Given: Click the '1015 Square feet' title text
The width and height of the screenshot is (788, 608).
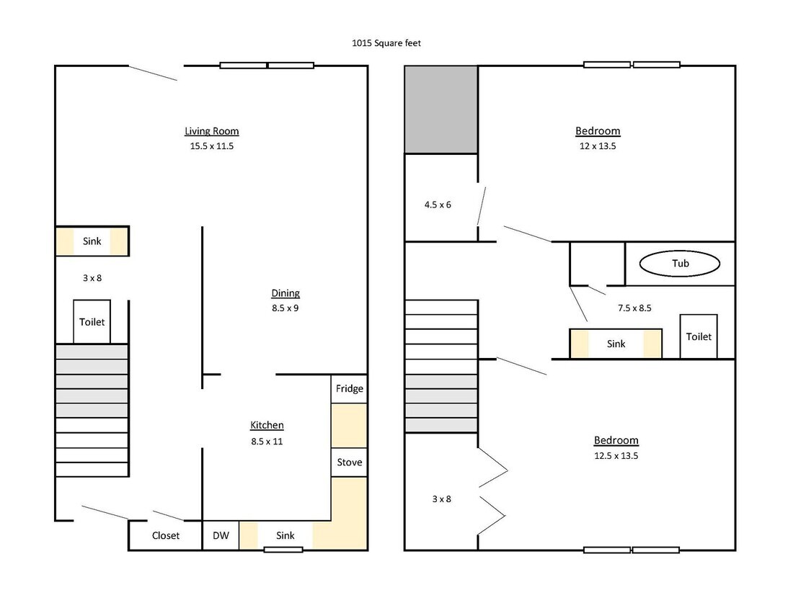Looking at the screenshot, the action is (x=386, y=43).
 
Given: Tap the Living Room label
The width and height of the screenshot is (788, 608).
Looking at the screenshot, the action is (x=211, y=131).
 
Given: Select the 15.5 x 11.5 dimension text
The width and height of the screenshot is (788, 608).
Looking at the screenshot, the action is (x=211, y=146).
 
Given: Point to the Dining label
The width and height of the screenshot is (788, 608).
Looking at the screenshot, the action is (x=285, y=293).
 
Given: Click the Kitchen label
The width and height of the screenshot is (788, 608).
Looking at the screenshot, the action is (x=267, y=425).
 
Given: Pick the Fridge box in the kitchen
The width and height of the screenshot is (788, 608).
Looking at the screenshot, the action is (x=349, y=388).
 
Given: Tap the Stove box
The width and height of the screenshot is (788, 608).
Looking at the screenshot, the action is (x=349, y=462).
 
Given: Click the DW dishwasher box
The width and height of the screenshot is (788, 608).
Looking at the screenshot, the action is (x=221, y=536).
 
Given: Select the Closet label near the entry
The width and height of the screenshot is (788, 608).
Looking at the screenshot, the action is (x=166, y=536).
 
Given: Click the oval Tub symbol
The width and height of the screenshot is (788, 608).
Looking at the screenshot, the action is (x=679, y=264).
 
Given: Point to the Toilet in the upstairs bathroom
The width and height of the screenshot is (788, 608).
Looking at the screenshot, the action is (x=699, y=336).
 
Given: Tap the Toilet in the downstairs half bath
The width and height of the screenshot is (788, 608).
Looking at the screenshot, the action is (x=92, y=322).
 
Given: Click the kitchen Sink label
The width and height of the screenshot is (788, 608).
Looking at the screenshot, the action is (x=285, y=536).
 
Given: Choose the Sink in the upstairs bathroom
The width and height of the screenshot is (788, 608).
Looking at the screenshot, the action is (x=616, y=344).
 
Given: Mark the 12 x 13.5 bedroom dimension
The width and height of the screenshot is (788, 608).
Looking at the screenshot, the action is (x=598, y=146).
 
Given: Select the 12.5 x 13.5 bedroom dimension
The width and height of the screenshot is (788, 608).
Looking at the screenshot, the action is (x=616, y=456).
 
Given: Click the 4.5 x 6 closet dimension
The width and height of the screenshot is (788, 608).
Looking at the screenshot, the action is (x=438, y=205).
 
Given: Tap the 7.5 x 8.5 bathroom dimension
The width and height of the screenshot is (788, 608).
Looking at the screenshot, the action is (x=634, y=308).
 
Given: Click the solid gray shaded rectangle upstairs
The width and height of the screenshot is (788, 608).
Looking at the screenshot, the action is (x=441, y=109).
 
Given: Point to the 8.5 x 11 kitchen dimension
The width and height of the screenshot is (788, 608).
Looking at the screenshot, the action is (x=267, y=442).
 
